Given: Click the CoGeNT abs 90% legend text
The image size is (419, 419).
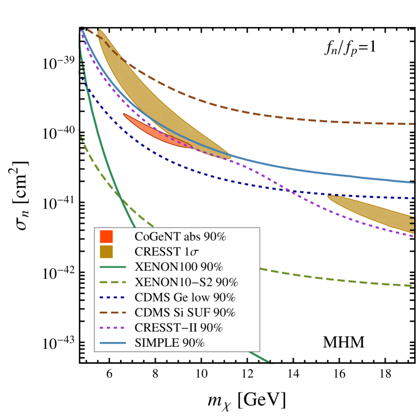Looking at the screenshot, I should (181, 237).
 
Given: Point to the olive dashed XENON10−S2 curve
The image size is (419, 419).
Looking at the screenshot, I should (319, 278).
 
